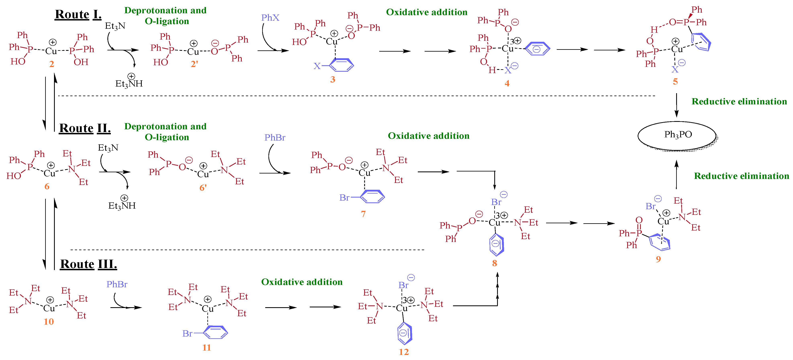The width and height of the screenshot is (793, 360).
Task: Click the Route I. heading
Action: (x=78, y=14)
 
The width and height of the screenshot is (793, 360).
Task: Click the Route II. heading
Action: (x=85, y=128)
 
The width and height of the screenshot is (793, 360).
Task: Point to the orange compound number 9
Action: (x=658, y=259)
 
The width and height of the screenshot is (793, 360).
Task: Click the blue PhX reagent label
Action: (x=270, y=17)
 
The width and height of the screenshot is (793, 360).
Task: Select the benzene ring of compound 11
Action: (x=215, y=332)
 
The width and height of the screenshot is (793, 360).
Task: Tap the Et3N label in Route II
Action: (x=108, y=148)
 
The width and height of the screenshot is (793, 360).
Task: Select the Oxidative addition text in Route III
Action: (x=302, y=282)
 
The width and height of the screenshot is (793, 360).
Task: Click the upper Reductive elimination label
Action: (x=739, y=102)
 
